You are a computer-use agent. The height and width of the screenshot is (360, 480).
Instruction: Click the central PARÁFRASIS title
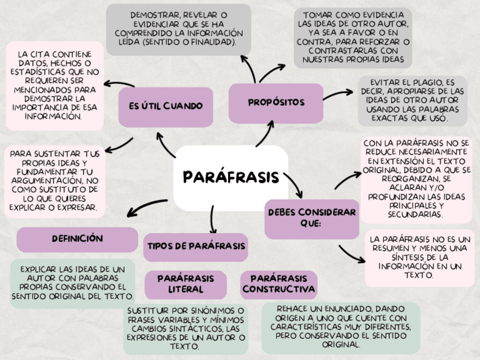point(232,177)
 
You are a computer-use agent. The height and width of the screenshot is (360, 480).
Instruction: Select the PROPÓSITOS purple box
point(276,102)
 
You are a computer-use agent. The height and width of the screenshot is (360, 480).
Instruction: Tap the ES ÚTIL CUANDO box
point(165,106)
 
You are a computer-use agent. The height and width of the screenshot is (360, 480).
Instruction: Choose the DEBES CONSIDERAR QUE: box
point(311,217)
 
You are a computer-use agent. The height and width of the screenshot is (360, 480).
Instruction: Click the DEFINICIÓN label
point(77,239)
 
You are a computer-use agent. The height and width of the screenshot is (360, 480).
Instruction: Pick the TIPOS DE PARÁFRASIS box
point(196,246)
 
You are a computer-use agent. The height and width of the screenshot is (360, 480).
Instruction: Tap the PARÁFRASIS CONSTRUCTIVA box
point(278,284)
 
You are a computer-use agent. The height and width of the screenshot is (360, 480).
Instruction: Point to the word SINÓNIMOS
point(211,311)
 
